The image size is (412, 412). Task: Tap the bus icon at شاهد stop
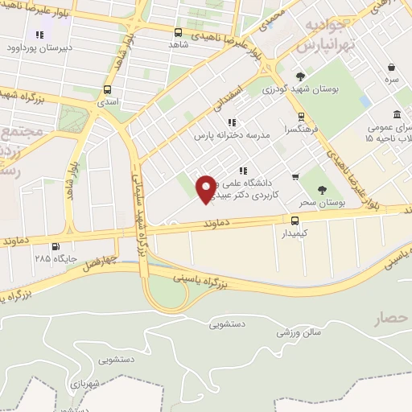[x=178, y=32]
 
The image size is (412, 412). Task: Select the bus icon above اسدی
[x=108, y=89]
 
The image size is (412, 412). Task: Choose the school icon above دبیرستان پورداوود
[x=38, y=35]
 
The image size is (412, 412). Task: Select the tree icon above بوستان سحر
[x=322, y=190]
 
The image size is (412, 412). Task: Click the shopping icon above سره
[x=391, y=68]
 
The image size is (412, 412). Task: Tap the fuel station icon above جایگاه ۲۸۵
[x=54, y=247]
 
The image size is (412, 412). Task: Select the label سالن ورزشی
[x=305, y=331]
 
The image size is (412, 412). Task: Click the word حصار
[x=392, y=319]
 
